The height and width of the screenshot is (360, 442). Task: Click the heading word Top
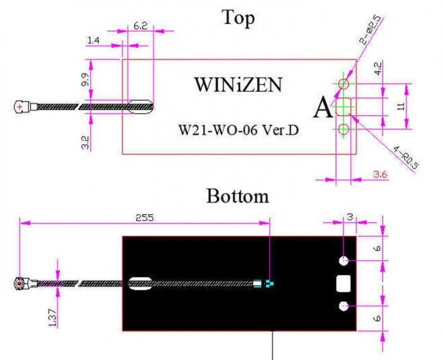238,18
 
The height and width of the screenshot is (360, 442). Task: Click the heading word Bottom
237,196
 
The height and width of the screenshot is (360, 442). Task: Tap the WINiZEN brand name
238,85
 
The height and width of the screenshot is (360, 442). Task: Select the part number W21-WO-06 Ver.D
239,130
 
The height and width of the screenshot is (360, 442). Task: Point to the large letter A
323,108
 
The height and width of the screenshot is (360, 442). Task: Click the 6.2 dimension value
140,26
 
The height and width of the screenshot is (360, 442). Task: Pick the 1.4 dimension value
93,40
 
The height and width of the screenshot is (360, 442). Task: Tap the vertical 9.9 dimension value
85,80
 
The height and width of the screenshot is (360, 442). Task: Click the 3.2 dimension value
85,143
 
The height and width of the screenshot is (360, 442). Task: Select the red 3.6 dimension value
380,174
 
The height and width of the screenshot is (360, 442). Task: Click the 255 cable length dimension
145,218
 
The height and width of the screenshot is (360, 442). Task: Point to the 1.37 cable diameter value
52,317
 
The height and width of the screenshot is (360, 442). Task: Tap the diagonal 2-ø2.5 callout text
371,30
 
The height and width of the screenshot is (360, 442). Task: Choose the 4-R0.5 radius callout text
406,158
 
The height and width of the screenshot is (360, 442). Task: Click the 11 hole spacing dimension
402,106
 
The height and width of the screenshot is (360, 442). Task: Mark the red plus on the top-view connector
20,107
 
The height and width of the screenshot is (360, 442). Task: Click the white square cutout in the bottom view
343,284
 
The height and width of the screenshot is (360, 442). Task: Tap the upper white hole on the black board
343,260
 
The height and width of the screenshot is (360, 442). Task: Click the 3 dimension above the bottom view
350,217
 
